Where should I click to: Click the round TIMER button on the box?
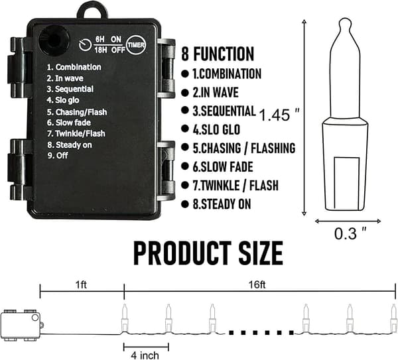tap(136, 45)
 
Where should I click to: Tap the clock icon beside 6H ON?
tap(86, 45)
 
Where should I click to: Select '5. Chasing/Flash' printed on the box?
tap(77, 112)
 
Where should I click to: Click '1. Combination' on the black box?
tap(74, 67)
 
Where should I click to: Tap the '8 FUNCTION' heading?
tap(218, 54)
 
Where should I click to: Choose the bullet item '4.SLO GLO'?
tap(216, 129)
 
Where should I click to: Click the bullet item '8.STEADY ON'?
tap(222, 204)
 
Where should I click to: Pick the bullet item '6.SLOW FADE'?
tap(223, 167)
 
